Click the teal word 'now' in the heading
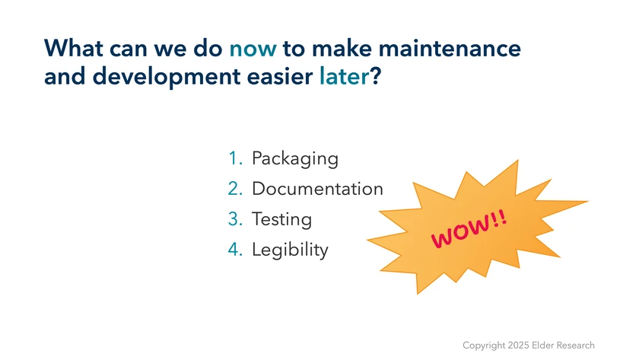click(253, 49)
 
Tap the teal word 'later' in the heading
click(344, 76)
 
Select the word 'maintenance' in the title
click(450, 48)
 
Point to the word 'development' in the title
click(167, 78)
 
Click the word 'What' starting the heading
click(73, 48)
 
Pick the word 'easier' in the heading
click(280, 76)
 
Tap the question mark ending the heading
click(375, 76)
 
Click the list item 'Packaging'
click(295, 158)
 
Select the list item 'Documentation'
click(317, 189)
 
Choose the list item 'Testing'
click(281, 219)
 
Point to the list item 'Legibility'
click(290, 250)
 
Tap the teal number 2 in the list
click(235, 189)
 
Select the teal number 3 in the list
click(235, 219)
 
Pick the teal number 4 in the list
click(235, 250)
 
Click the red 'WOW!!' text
click(469, 229)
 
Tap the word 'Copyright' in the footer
click(484, 346)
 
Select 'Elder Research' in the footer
click(563, 346)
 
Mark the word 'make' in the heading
click(342, 48)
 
